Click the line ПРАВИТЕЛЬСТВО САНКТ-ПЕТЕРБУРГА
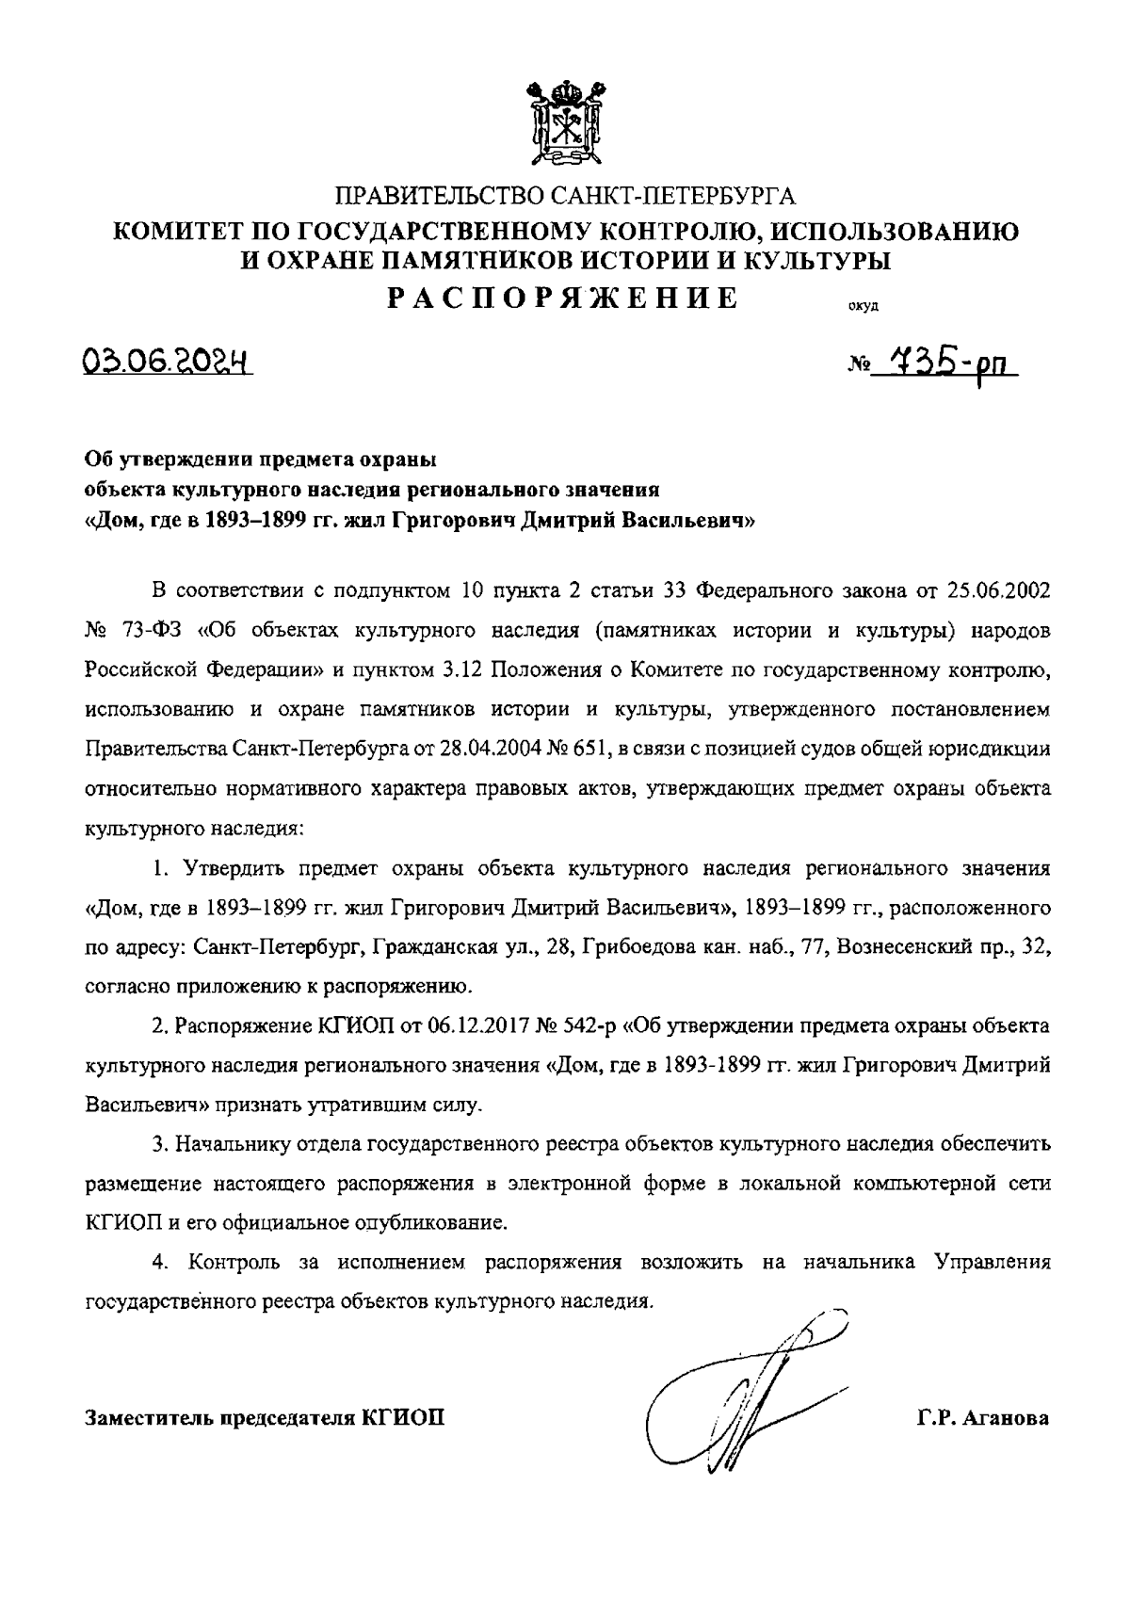565,197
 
